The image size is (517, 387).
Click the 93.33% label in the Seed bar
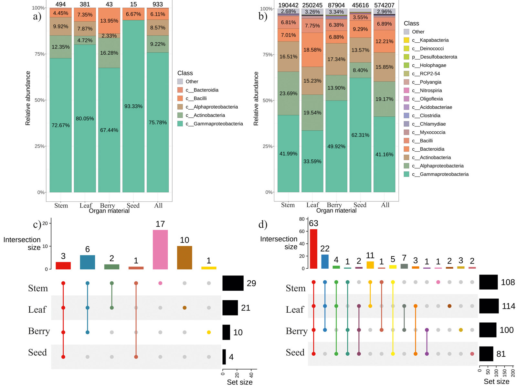coord(133,106)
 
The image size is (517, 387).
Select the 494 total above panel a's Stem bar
coord(60,4)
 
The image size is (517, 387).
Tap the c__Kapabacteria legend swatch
coord(406,40)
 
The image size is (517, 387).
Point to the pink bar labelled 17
coord(160,249)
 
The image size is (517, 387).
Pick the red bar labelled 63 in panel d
coord(313,249)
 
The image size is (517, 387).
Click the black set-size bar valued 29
coord(233,283)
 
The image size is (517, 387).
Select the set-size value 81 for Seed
coord(501,354)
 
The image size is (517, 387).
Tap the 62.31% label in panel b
coord(360,135)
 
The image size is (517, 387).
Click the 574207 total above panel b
coord(384,5)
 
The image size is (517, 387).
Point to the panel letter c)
coord(37,224)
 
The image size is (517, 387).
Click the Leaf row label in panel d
coord(295,310)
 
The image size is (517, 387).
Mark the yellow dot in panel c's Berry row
coord(209,332)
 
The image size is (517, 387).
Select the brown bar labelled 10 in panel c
coord(185,257)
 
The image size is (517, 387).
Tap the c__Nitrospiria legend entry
coord(431,91)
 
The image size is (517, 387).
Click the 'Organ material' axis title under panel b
coord(336,210)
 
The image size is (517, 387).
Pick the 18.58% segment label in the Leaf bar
coord(312,50)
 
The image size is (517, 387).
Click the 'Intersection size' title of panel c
coord(22,243)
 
